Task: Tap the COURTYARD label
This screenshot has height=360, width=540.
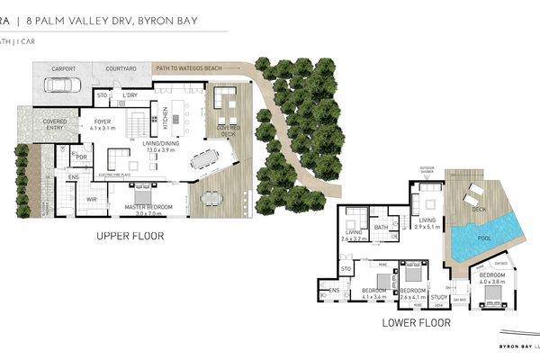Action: coord(121,67)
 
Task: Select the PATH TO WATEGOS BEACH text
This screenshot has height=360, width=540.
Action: coord(188,67)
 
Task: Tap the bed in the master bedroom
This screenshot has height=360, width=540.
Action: coord(142,193)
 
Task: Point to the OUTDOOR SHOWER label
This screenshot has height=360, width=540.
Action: coord(427,170)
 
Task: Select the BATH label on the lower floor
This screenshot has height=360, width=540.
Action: coord(381,227)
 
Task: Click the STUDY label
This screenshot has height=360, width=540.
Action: coord(439,296)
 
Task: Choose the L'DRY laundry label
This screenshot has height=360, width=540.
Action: coord(130,94)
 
